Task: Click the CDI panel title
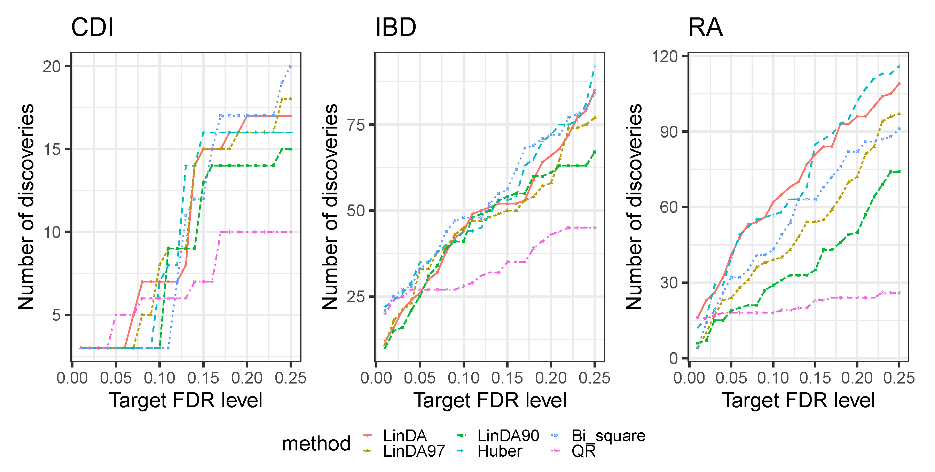click(x=92, y=28)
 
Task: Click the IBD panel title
click(x=396, y=28)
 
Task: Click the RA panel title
click(x=705, y=28)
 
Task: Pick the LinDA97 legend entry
click(x=414, y=451)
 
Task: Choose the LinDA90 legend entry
click(x=508, y=435)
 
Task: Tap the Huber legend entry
click(x=500, y=451)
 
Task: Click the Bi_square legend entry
click(x=608, y=435)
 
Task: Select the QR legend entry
click(x=583, y=451)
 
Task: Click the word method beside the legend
click(x=316, y=443)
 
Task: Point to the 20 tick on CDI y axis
click(x=52, y=67)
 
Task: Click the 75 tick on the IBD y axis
click(x=356, y=125)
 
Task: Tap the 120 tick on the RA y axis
click(x=665, y=56)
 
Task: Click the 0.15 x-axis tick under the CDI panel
click(x=203, y=378)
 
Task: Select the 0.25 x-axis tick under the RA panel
click(x=899, y=378)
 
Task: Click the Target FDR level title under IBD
click(x=490, y=400)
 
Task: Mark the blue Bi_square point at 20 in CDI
click(x=291, y=66)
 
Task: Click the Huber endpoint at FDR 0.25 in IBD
click(x=595, y=66)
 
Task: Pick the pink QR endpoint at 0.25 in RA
click(x=899, y=293)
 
